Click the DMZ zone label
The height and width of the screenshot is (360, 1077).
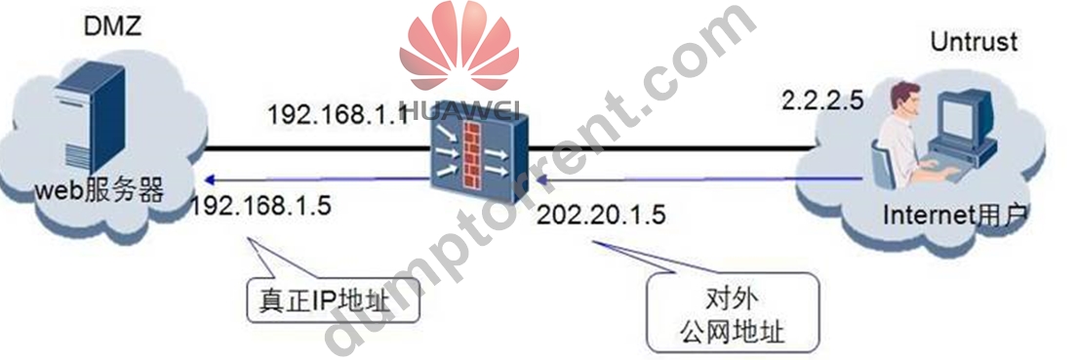pos(111,26)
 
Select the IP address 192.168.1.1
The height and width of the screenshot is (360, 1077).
pos(336,112)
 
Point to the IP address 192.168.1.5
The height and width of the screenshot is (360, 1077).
pos(261,204)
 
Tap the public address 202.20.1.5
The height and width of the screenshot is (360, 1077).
pos(602,215)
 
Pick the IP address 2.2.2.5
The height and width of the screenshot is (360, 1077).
pos(822,102)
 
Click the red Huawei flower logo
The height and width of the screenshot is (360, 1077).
pos(459,47)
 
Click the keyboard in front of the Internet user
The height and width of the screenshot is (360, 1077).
pos(941,165)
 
